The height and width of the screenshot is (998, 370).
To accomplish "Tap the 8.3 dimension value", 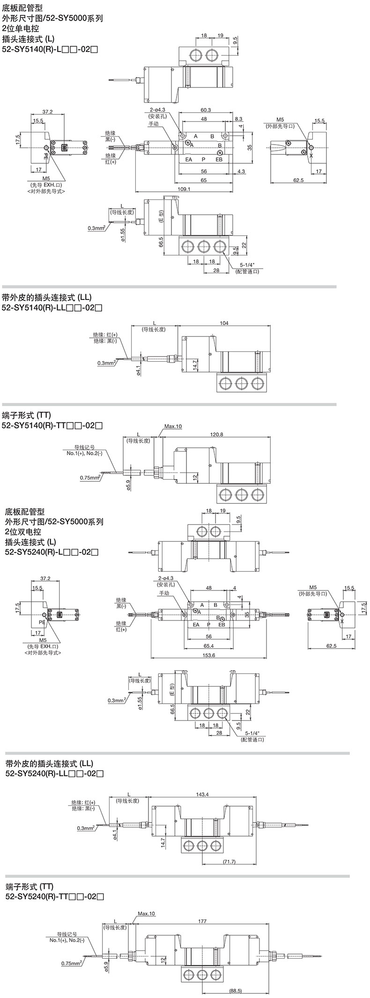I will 238,119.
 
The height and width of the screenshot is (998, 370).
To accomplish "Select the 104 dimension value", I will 224,323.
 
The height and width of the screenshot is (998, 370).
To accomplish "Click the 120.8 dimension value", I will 217,434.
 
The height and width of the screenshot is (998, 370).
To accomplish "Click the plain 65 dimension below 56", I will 204,180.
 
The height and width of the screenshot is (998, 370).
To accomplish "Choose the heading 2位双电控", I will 23,532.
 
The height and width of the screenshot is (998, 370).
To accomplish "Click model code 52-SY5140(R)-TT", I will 52,425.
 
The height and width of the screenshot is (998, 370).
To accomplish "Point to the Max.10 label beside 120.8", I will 173,426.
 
